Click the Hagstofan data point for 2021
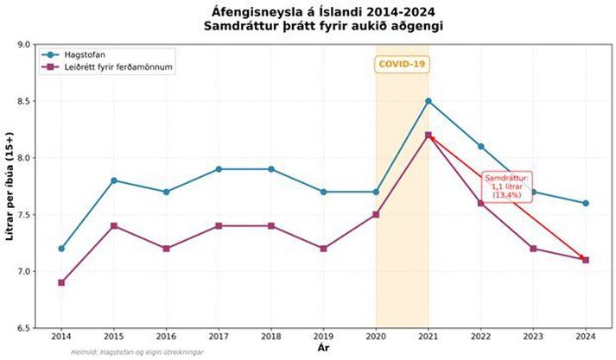[428, 101]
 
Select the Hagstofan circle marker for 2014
[61, 249]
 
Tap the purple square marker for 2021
[428, 135]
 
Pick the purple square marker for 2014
[61, 282]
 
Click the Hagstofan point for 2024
[586, 203]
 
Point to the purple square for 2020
[376, 214]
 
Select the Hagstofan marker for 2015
[113, 180]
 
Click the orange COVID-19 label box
[403, 65]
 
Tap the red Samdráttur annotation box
[506, 186]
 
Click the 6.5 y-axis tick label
[24, 328]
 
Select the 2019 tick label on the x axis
[323, 335]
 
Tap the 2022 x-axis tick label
[480, 335]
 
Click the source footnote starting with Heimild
[131, 352]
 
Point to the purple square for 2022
[480, 203]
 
